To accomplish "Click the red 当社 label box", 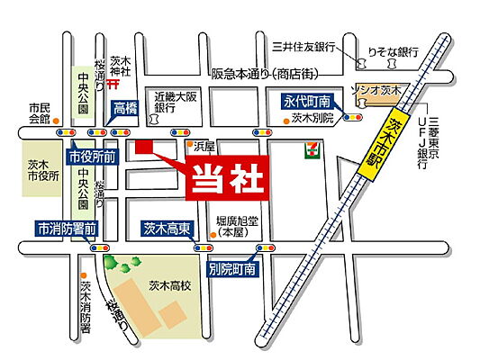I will pos(229,178).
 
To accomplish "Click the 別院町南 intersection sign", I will pos(232,267).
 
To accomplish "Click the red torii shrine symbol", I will pos(113,85).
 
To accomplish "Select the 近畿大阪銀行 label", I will pos(176,101).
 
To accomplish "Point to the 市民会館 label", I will pos(39,112).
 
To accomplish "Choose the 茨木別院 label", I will pos(312,117).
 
